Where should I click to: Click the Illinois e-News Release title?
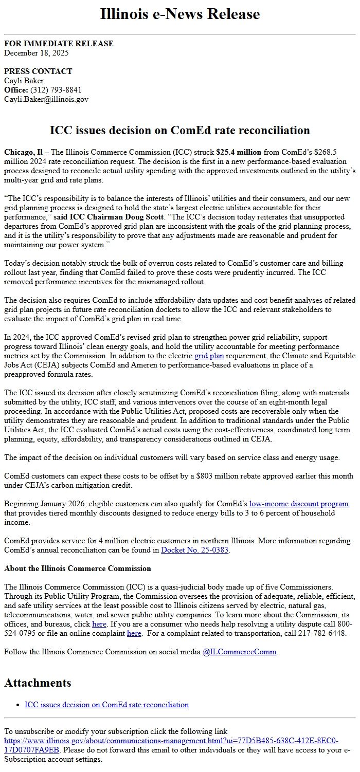179,14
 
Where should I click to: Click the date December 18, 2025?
37,52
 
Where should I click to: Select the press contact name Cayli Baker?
24,80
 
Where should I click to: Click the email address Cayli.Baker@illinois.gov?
46,99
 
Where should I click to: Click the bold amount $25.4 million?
239,152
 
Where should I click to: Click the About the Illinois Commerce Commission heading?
78,568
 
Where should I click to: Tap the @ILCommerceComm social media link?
240,652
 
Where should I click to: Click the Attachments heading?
38,683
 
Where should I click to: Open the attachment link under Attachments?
106,705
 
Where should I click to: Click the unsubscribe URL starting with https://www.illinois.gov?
171,741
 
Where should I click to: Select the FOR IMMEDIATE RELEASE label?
59,44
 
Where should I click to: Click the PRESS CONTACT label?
38,71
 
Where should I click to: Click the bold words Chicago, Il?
24,152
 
